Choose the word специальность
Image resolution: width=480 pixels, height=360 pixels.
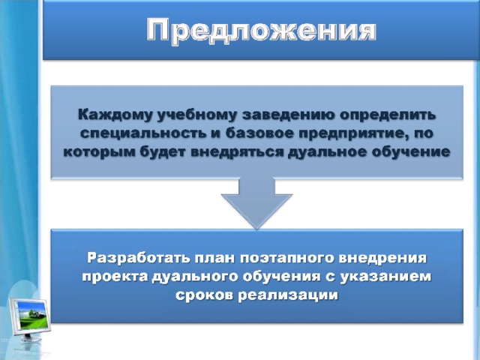coord(148,133)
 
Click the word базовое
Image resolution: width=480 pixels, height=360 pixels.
coord(260,133)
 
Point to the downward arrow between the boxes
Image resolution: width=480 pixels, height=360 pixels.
coord(256,203)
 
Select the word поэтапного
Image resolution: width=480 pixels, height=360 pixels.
coord(286,259)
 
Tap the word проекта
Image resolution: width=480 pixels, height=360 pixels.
coord(115,277)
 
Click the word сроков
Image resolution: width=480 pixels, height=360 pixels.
coord(204,295)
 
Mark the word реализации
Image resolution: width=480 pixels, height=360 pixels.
coord(288,295)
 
